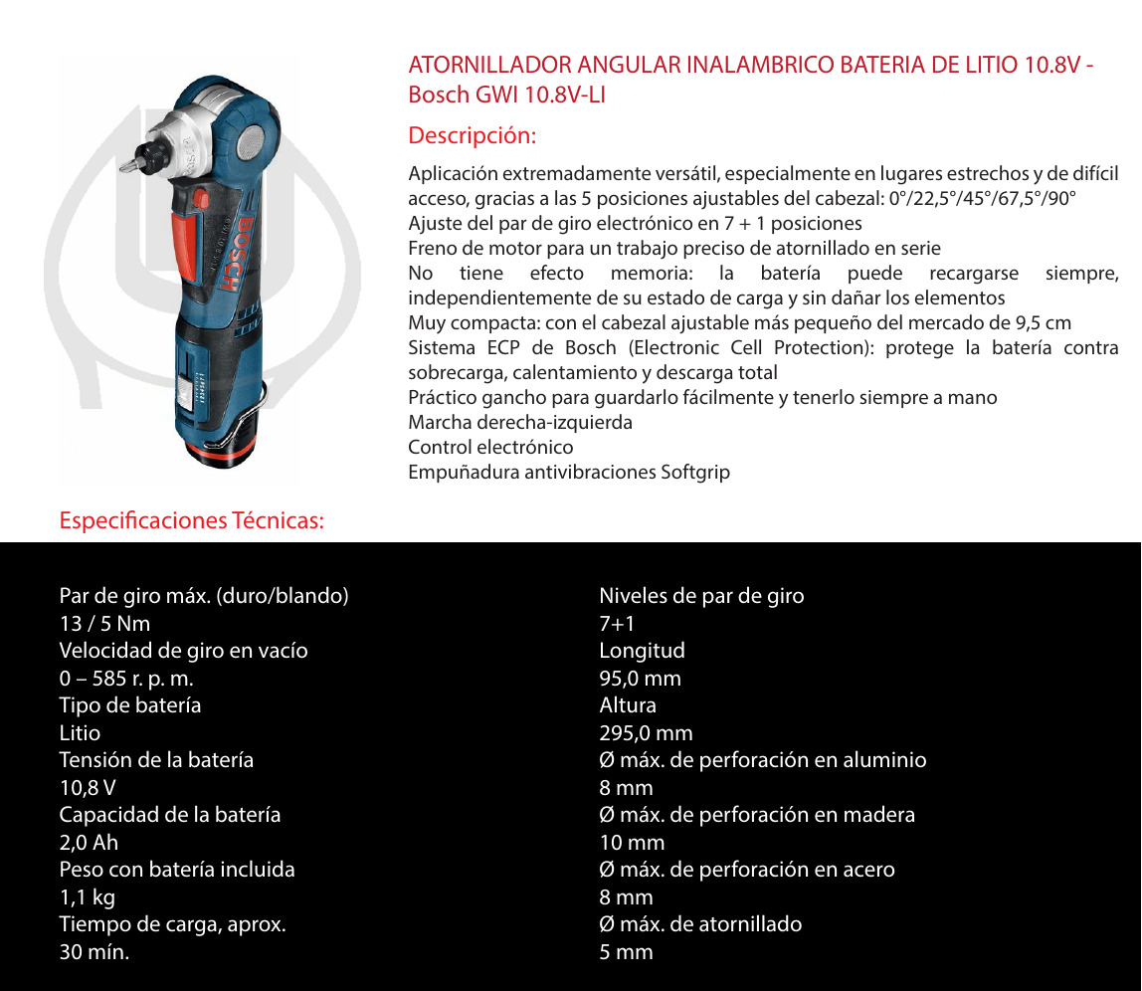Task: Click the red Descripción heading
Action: coord(472,135)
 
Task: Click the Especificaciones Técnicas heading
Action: coord(192,520)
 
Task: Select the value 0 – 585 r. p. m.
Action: coord(126,679)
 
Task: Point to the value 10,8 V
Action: coord(88,788)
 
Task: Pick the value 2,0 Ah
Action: coord(89,843)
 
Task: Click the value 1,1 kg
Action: coord(88,897)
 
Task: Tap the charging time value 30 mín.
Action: coord(95,952)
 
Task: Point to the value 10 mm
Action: coord(632,843)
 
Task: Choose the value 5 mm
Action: coord(626,952)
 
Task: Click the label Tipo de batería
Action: coord(130,705)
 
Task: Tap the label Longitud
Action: coord(642,651)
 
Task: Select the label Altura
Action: coord(628,705)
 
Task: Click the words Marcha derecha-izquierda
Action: coord(520,423)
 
